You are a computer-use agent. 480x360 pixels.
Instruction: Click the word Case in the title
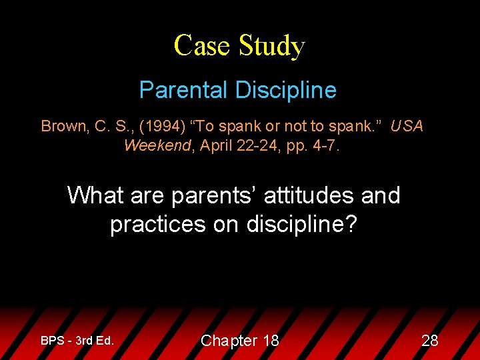pos(194,46)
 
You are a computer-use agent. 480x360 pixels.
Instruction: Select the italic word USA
pos(407,127)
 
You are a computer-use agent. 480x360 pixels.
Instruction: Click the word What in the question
pos(95,196)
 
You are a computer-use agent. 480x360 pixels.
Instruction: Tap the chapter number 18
pos(270,341)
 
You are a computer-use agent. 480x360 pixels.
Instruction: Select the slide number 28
pos(430,341)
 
